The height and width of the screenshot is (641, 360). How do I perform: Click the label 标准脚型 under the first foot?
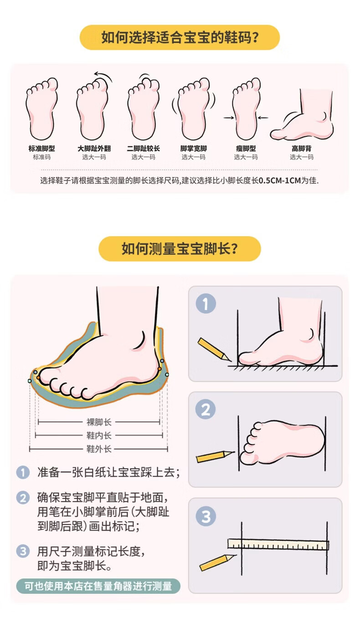[x=41, y=149]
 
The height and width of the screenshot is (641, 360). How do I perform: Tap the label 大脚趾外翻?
[x=94, y=149]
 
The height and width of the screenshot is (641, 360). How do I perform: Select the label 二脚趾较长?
[x=144, y=149]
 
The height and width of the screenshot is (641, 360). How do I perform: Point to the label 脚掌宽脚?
[x=194, y=149]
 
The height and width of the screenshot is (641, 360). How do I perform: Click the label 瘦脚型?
[x=246, y=149]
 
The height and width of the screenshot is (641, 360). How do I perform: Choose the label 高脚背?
[x=302, y=149]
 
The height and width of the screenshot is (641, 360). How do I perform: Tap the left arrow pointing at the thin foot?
[x=229, y=118]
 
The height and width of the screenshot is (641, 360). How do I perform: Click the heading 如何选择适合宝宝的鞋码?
[x=180, y=37]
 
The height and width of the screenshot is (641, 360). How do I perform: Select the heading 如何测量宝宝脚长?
[x=180, y=249]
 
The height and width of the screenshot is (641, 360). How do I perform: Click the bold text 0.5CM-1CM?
[x=280, y=180]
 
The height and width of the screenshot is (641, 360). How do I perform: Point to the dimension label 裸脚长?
[x=99, y=422]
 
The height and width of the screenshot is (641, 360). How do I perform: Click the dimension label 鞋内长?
[x=99, y=435]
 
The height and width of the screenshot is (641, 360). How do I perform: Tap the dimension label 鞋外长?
[x=99, y=449]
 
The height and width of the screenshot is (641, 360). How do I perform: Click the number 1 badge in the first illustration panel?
[x=206, y=303]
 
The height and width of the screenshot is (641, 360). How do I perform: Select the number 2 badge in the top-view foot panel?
[x=206, y=409]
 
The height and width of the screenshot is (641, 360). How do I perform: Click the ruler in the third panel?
[x=278, y=544]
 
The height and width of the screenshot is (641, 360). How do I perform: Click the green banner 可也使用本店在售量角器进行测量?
[x=98, y=586]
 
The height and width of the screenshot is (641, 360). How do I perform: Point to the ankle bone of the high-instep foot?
[x=324, y=117]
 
